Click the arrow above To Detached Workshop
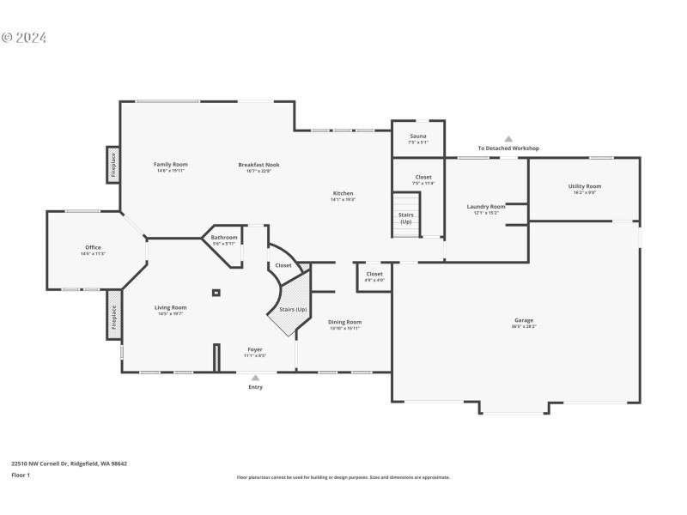[508, 138]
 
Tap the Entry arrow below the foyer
[255, 377]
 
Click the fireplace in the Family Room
[112, 165]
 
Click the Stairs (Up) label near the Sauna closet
[406, 219]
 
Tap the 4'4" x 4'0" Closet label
[374, 276]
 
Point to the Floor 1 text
[21, 475]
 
